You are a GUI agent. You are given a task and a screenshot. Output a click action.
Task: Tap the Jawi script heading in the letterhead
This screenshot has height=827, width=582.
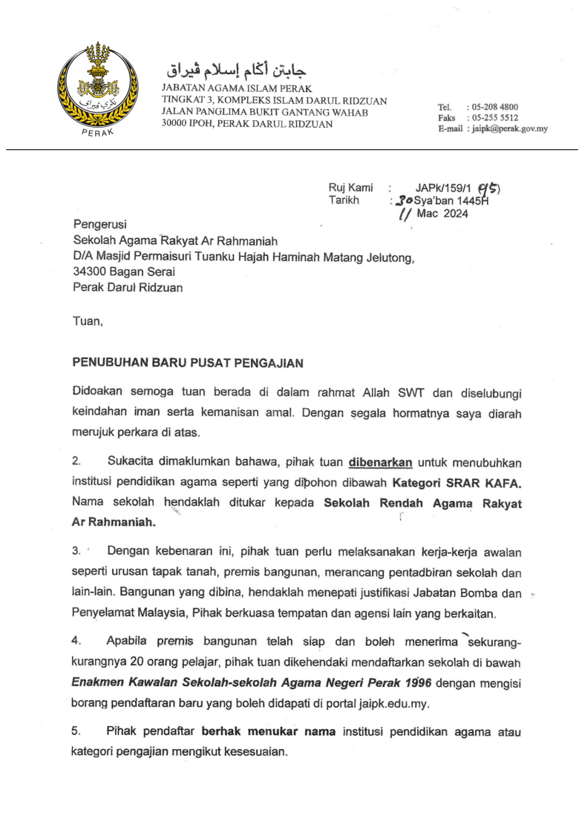pos(235,71)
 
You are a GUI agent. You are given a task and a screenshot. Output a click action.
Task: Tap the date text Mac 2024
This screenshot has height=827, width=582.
pos(442,214)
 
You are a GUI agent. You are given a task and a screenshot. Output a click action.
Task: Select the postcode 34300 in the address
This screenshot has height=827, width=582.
pos(89,272)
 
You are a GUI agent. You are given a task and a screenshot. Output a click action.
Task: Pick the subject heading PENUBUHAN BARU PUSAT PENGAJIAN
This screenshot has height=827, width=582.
pos(187,363)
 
